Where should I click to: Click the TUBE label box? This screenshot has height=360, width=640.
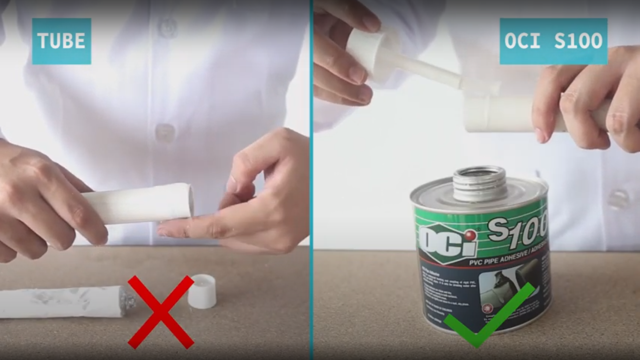click(61, 41)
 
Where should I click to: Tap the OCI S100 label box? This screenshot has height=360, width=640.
click(553, 41)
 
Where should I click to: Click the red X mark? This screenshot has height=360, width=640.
click(161, 312)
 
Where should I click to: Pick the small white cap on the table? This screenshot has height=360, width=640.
click(202, 292)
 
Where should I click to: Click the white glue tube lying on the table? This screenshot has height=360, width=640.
click(61, 302)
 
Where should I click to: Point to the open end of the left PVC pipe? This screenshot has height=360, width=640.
click(190, 201)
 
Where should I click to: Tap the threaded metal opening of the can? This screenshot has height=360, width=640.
click(479, 182)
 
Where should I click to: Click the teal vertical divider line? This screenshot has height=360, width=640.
click(311, 180)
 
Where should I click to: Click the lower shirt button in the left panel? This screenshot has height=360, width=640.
click(164, 132)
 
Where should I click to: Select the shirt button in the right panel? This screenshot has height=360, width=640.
click(618, 199)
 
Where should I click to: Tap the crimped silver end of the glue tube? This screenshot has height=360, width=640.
click(127, 299)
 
